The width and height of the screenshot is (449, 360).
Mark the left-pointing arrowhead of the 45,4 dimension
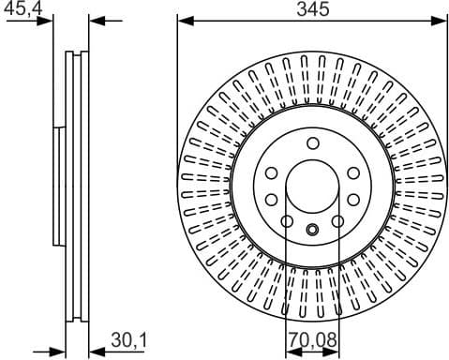coord(97,21)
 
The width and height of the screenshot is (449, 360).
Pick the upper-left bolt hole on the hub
coord(271,173)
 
